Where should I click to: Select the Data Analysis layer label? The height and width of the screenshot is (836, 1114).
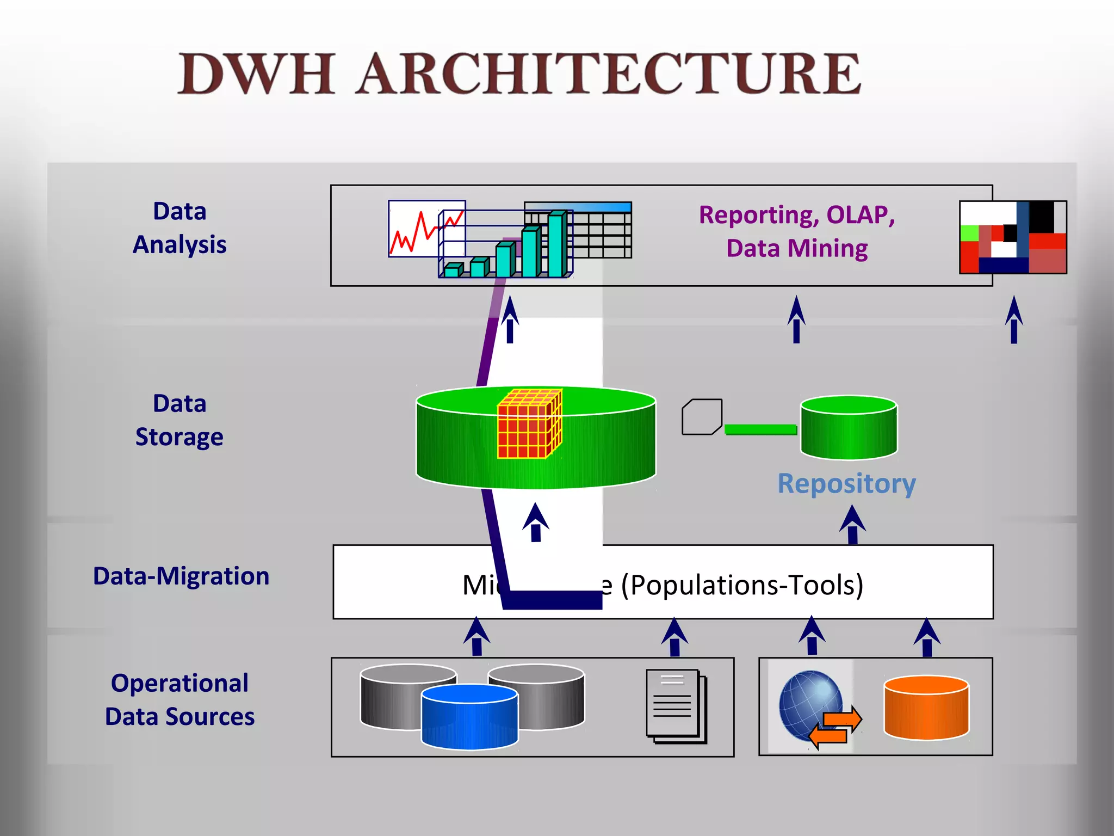point(180,228)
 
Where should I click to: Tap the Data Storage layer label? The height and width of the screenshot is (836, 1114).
point(180,420)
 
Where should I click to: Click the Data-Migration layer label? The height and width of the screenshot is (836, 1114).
point(181,576)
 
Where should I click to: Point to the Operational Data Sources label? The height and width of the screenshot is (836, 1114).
point(180,699)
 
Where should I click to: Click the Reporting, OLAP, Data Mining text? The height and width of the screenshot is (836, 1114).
point(797,231)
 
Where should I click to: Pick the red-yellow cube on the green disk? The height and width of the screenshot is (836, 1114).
point(529,425)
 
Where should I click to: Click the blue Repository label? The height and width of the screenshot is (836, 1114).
point(846,483)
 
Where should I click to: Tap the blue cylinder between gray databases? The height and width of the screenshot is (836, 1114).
point(469,717)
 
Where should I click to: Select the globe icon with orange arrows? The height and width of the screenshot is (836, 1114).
point(813,708)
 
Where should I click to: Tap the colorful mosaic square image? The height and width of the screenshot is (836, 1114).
point(1012,237)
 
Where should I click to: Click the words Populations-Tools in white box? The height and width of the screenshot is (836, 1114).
point(742,585)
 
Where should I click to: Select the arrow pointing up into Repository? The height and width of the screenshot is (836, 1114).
point(852,524)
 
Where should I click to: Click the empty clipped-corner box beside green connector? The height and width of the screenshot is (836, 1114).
point(702,417)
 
